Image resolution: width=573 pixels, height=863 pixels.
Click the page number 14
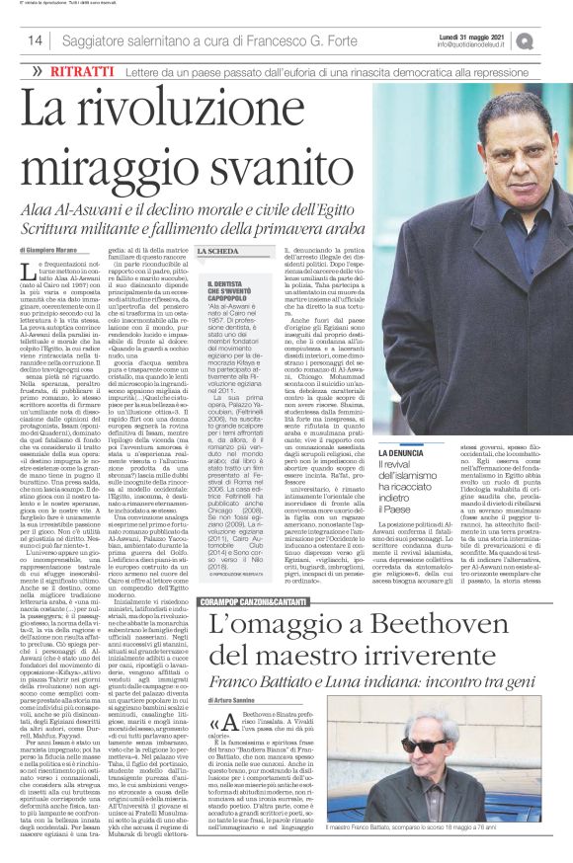35,40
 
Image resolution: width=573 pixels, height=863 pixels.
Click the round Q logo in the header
550,40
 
